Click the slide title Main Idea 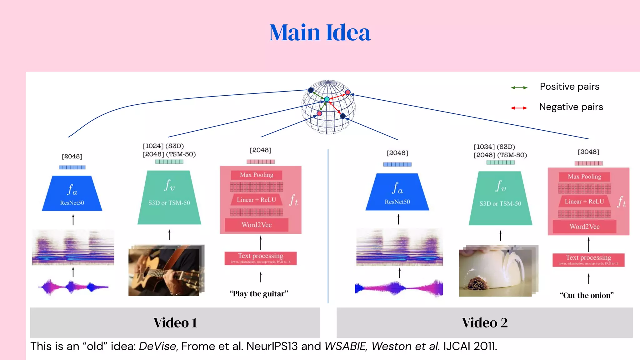[320, 32]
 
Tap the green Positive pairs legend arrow [519, 88]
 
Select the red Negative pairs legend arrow [519, 108]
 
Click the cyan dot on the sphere [327, 99]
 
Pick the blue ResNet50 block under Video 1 [72, 194]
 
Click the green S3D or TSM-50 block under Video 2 [500, 199]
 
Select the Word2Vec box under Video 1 [257, 225]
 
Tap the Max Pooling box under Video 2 [584, 177]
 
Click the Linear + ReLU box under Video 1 [256, 200]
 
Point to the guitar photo [166, 271]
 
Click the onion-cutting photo [497, 271]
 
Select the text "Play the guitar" [259, 294]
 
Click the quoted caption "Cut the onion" [587, 295]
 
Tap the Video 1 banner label [175, 323]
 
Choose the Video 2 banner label [484, 323]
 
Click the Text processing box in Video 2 [588, 260]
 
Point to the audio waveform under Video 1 [73, 287]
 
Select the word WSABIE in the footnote [345, 346]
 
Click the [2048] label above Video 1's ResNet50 [72, 156]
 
